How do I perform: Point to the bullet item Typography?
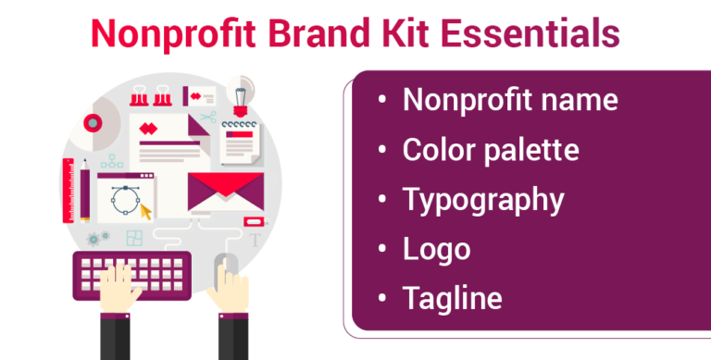pyautogui.click(x=482, y=199)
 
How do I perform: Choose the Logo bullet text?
pyautogui.click(x=436, y=248)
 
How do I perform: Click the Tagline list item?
pyautogui.click(x=452, y=298)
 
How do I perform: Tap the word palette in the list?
pyautogui.click(x=533, y=150)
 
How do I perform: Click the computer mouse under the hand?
pyautogui.click(x=225, y=271)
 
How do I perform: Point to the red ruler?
pyautogui.click(x=69, y=190)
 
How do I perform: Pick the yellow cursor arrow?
pyautogui.click(x=143, y=210)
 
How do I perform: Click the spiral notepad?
pyautogui.click(x=243, y=143)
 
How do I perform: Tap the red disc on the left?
pyautogui.click(x=93, y=122)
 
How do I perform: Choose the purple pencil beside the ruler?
pyautogui.click(x=85, y=191)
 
